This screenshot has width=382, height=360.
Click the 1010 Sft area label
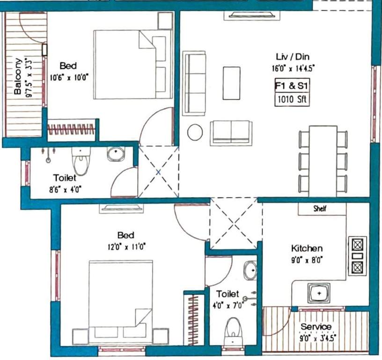pos(292,99)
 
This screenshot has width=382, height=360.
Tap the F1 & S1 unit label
pos(292,86)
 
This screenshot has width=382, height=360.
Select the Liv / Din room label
pos(292,57)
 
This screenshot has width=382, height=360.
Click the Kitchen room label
pos(307,248)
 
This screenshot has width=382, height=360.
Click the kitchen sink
pos(319,292)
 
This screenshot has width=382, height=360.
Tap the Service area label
pos(316,327)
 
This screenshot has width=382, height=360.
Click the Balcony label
pos(17,76)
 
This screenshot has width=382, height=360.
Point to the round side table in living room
pos(195,132)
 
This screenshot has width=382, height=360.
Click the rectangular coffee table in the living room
pos(231,83)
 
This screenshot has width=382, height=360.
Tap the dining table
pos(323,160)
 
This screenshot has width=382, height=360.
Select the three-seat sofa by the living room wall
pos(194,83)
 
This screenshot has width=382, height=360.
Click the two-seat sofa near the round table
pos(231,133)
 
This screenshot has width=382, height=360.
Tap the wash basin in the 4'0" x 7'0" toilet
pos(250,270)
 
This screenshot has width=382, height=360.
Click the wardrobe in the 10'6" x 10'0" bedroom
pos(71,128)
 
